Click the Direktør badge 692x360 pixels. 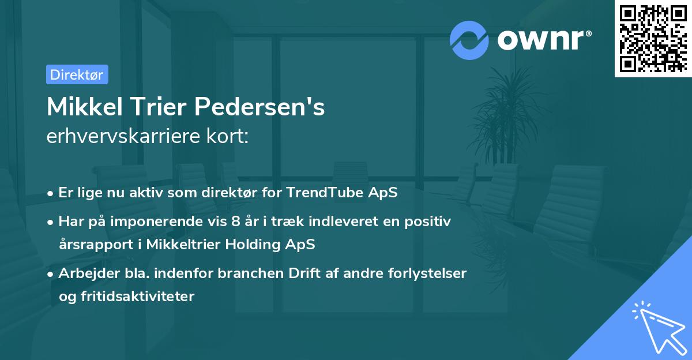pos(77,74)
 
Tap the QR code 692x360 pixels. pos(652,38)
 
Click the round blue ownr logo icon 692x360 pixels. pos(469,40)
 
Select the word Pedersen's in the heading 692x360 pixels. pos(259,107)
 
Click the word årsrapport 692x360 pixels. pos(91,245)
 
